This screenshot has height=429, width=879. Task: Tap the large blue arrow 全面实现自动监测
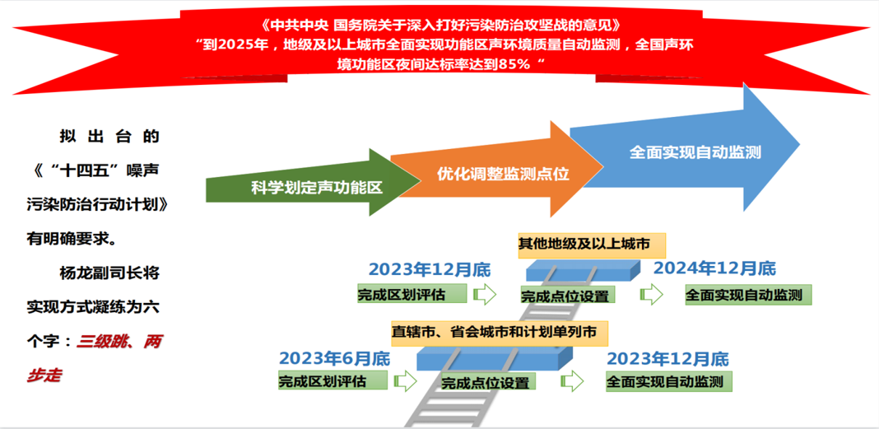pos(695,152)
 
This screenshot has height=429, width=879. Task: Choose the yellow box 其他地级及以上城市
pos(584,244)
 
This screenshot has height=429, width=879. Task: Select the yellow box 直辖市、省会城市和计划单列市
pos(500,333)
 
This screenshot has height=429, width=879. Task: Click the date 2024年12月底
pos(714,268)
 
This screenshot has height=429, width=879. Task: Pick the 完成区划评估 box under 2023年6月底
pos(333,380)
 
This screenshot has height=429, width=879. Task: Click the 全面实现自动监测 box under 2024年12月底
pos(748,295)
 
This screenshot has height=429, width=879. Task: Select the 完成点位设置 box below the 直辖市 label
pos(486,383)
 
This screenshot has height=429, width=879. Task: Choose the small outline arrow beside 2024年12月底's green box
pos(651,294)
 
